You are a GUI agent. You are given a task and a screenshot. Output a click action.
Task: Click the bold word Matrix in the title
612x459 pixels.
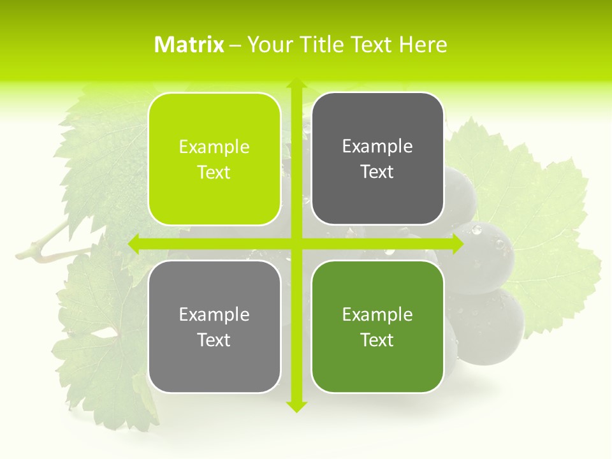(x=189, y=45)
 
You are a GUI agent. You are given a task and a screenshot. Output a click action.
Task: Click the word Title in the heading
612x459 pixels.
(x=323, y=45)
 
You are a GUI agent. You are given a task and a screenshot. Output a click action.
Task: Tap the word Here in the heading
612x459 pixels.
(x=423, y=45)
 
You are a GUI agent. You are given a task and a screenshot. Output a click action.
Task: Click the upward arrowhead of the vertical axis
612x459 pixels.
(x=296, y=84)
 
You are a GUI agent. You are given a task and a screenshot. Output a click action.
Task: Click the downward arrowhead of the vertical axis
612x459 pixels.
(x=296, y=406)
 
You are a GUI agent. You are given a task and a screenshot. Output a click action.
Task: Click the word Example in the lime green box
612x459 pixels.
(x=214, y=147)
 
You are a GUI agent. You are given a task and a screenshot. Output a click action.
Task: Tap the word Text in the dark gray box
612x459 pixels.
(x=377, y=172)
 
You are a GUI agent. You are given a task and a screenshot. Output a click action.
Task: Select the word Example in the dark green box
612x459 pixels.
(x=377, y=314)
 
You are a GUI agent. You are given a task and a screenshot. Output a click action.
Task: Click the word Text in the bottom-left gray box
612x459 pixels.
(x=214, y=340)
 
